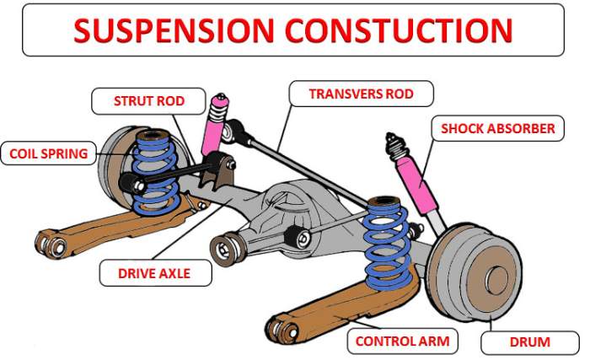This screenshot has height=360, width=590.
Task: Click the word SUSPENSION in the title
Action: (173, 30)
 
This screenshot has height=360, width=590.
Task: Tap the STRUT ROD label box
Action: (148, 102)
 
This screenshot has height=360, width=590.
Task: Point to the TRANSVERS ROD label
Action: (361, 94)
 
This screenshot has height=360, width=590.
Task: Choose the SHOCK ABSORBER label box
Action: (497, 129)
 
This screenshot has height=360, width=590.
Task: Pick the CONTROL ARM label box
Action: (402, 341)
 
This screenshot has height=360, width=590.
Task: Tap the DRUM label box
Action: (529, 341)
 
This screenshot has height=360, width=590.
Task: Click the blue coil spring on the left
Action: (156, 173)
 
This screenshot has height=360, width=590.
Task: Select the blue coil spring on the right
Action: (387, 240)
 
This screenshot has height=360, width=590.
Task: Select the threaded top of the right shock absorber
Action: (394, 145)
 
